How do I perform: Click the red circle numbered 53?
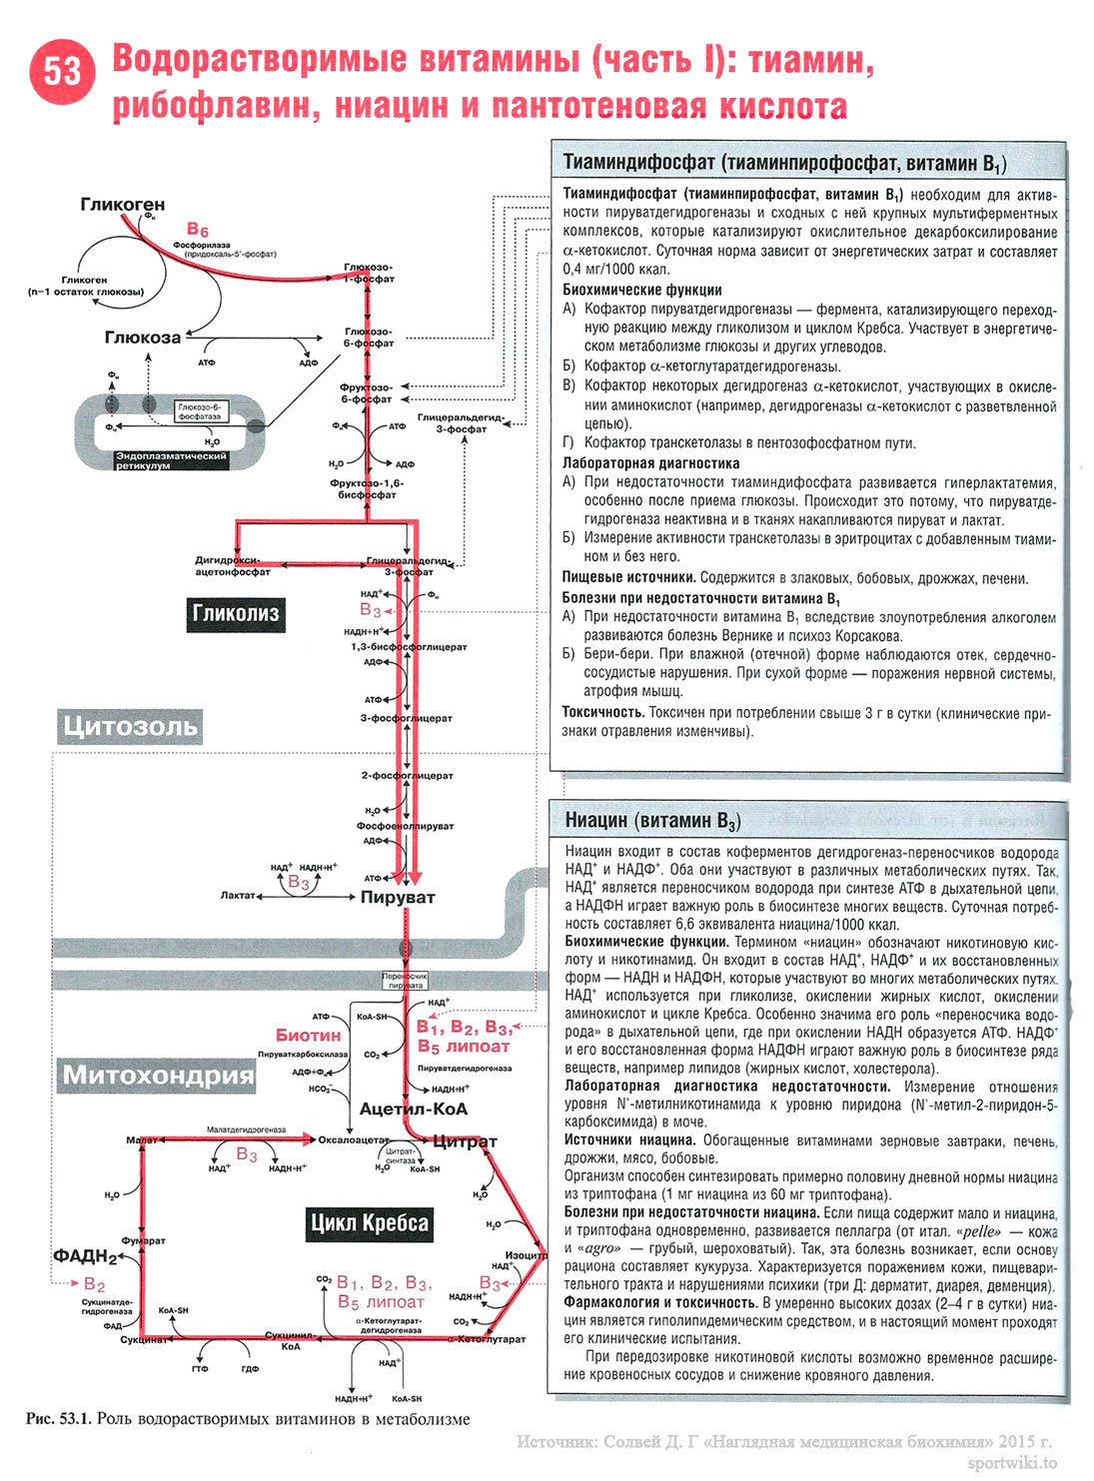(x=62, y=71)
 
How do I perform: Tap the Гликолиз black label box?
(x=236, y=613)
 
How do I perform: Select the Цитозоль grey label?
(x=128, y=726)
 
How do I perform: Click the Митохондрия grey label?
(x=158, y=1075)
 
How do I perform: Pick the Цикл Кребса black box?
(x=369, y=1223)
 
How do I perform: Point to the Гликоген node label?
(x=122, y=204)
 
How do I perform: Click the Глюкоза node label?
(x=143, y=338)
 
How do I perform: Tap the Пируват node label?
(x=397, y=897)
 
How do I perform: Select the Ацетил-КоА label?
(x=413, y=1109)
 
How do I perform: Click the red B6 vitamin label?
(x=197, y=230)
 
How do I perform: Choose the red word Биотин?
(x=308, y=1036)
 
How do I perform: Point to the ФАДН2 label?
(x=85, y=1256)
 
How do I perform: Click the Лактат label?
(x=238, y=896)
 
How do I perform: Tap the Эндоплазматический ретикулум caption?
(x=171, y=460)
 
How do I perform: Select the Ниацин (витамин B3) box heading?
(x=652, y=821)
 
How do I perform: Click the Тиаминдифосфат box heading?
(x=784, y=163)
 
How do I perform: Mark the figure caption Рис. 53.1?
(x=247, y=1418)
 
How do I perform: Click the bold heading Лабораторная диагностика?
(x=650, y=463)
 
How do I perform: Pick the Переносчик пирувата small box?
(x=405, y=981)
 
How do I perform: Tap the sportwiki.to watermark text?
(x=1011, y=1463)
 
